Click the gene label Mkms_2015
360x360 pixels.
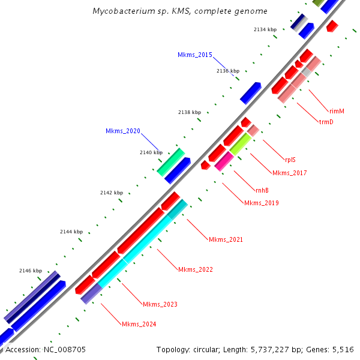[194, 55]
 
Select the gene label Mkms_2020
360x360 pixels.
[122, 131]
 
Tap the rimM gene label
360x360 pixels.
[337, 111]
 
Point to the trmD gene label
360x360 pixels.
[326, 122]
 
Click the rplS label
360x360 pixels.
[290, 160]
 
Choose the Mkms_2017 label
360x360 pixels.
[289, 173]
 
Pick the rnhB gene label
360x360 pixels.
[262, 190]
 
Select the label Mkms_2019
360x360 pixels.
[261, 203]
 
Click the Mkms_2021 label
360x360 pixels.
[226, 240]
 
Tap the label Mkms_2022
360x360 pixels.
[195, 269]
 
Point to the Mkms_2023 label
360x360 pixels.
[160, 304]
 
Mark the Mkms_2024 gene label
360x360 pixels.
[139, 324]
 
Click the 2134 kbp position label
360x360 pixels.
[265, 29]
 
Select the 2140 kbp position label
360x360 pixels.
[151, 152]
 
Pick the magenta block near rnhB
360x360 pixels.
[224, 160]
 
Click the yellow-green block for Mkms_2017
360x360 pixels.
[240, 143]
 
